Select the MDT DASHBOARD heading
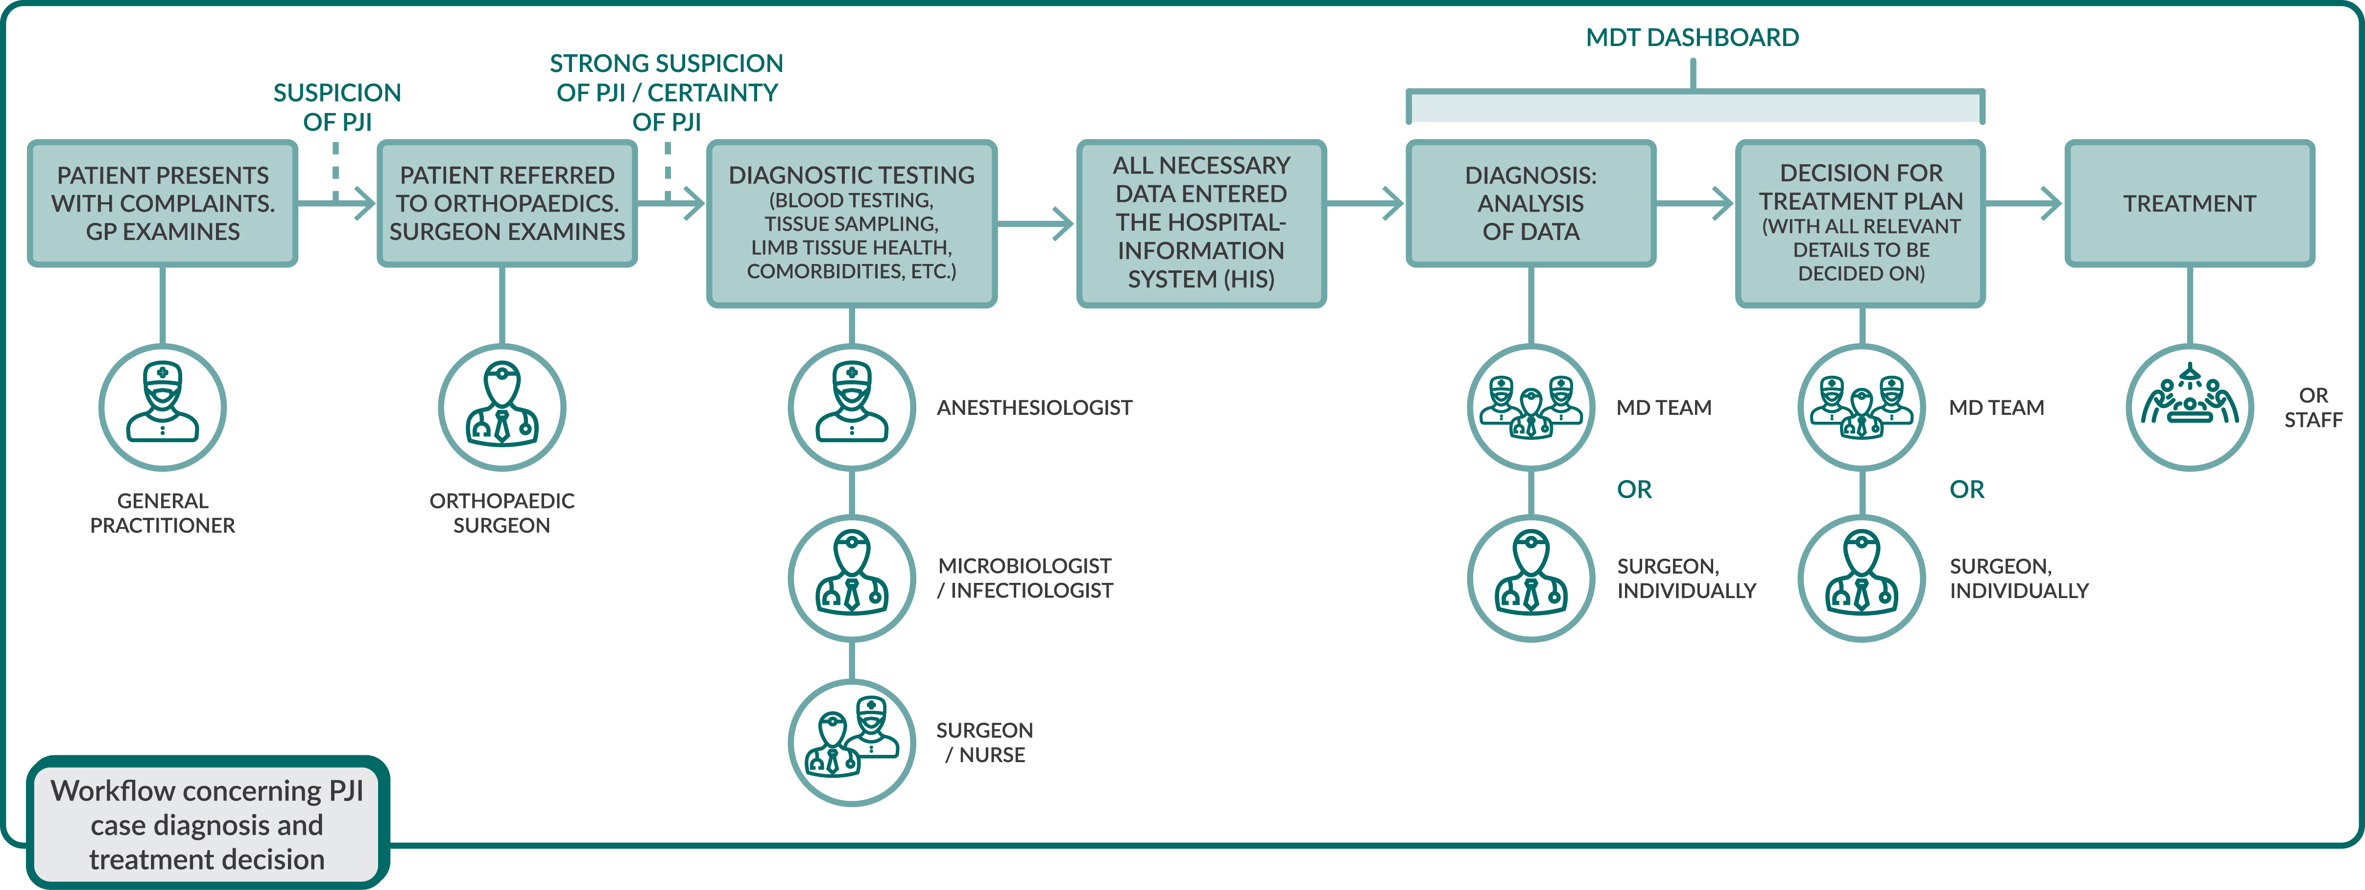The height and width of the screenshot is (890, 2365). pyautogui.click(x=1692, y=38)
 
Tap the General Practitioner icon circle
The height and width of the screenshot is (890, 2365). pyautogui.click(x=163, y=407)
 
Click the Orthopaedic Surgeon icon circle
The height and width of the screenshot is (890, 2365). pyautogui.click(x=502, y=407)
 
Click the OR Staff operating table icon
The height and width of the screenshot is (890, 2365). pyautogui.click(x=2190, y=407)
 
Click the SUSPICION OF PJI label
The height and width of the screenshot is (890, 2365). pyautogui.click(x=337, y=107)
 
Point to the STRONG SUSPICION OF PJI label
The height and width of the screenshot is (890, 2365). pyautogui.click(x=667, y=92)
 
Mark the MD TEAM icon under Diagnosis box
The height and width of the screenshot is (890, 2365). pyautogui.click(x=1530, y=407)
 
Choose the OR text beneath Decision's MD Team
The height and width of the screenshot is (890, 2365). pyautogui.click(x=1966, y=489)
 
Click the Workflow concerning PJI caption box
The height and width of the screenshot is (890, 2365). pyautogui.click(x=208, y=824)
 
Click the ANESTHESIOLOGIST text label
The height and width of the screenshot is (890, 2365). pyautogui.click(x=1034, y=408)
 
